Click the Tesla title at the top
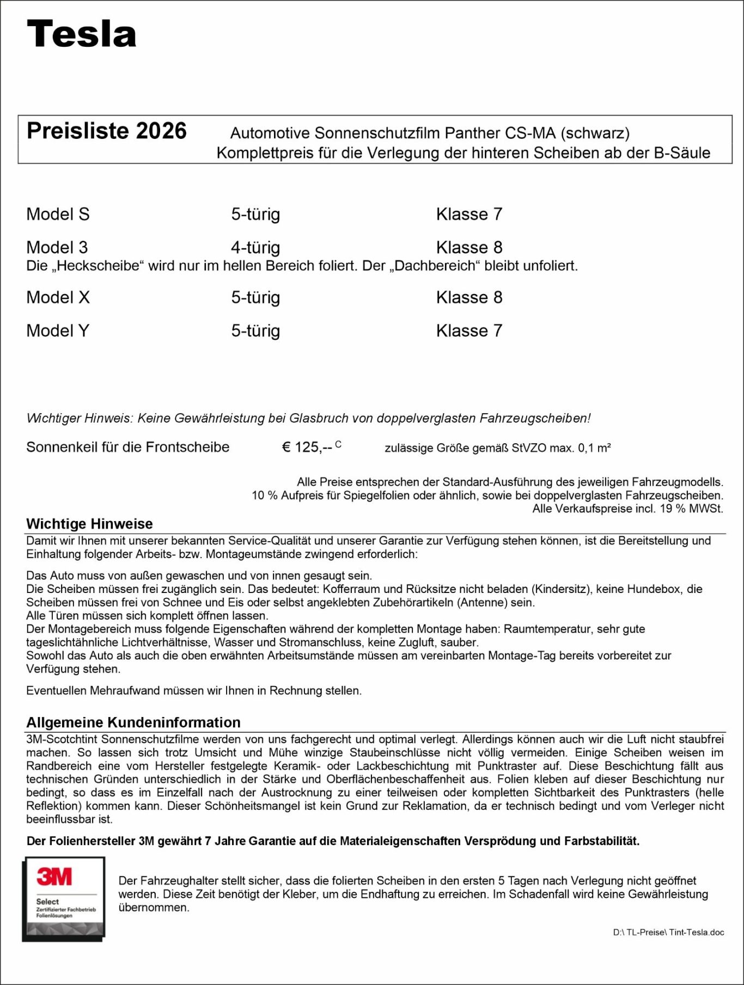(x=82, y=34)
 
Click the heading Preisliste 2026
(x=106, y=131)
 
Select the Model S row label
(x=58, y=215)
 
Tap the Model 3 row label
(x=57, y=248)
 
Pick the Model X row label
(x=58, y=298)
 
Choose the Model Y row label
(x=58, y=331)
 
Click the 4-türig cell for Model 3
(x=255, y=248)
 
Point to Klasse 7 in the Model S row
(x=469, y=215)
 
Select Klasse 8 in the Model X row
(x=469, y=298)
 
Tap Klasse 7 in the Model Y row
(x=469, y=331)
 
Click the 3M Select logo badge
(x=64, y=899)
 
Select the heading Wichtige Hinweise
(x=89, y=524)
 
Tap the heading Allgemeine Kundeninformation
(x=133, y=723)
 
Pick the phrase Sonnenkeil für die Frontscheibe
(x=128, y=448)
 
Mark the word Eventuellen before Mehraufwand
(x=57, y=690)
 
